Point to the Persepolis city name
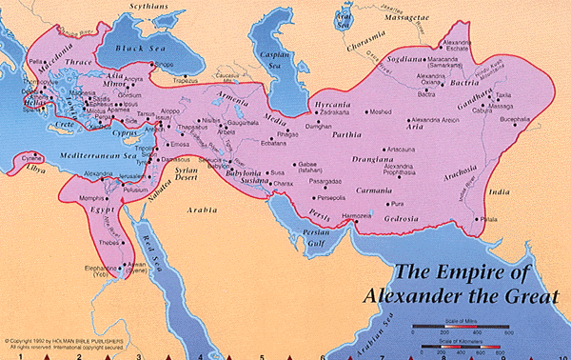click(323, 197)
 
